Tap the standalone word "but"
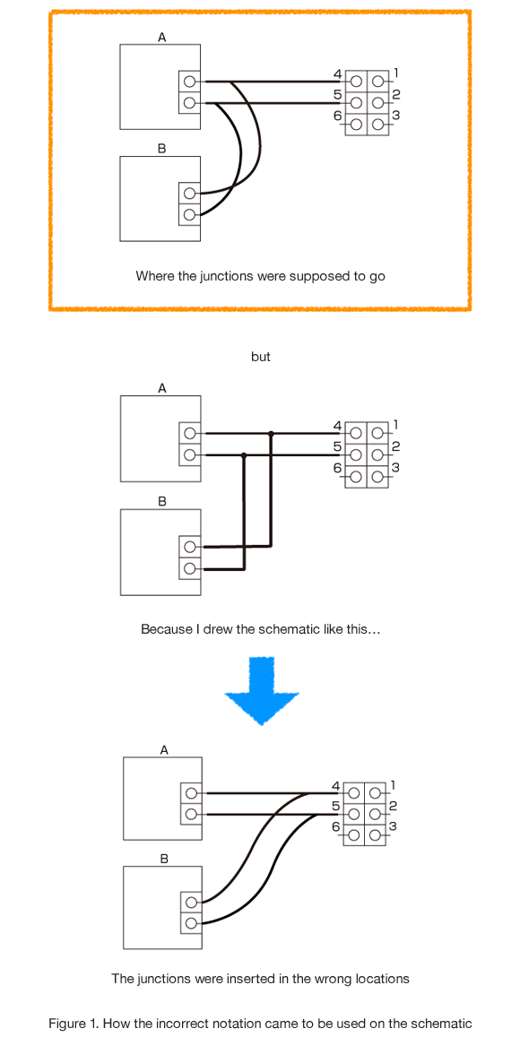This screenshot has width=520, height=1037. pos(260,357)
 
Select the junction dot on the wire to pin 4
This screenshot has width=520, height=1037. pos(271,434)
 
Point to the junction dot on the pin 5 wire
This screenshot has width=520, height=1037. pos(244,455)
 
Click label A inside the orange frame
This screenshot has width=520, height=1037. pos(161,37)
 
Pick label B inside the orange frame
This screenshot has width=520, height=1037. pos(161,149)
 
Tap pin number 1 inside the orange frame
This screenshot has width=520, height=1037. pos(395,73)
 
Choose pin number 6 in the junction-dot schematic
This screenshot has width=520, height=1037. pos(337,468)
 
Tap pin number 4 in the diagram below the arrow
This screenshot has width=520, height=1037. pos(336,786)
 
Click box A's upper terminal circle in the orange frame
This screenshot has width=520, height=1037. pos(189,82)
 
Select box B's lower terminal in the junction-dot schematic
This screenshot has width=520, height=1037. pos(189,567)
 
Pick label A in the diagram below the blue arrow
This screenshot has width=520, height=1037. pos(163,749)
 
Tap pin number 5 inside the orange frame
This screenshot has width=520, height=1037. pos(337,94)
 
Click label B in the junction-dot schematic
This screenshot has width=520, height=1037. pos(161,501)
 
